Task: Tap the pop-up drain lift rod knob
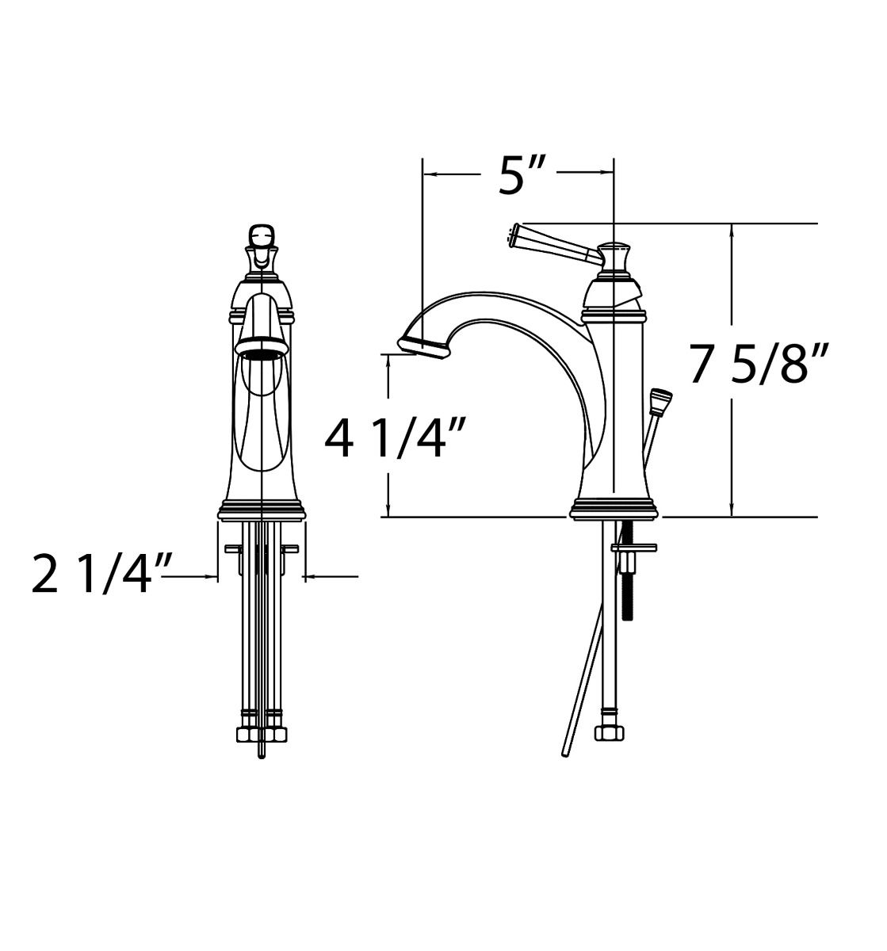660,402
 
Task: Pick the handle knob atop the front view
262,235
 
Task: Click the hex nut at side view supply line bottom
609,733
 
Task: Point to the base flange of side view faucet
614,511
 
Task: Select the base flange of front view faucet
261,511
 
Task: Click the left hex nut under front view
247,734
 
